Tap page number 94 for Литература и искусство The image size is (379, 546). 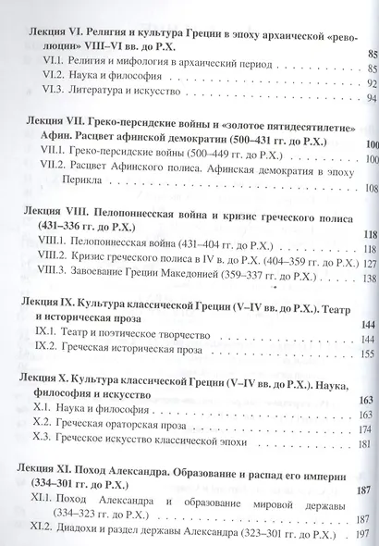click(x=372, y=99)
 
